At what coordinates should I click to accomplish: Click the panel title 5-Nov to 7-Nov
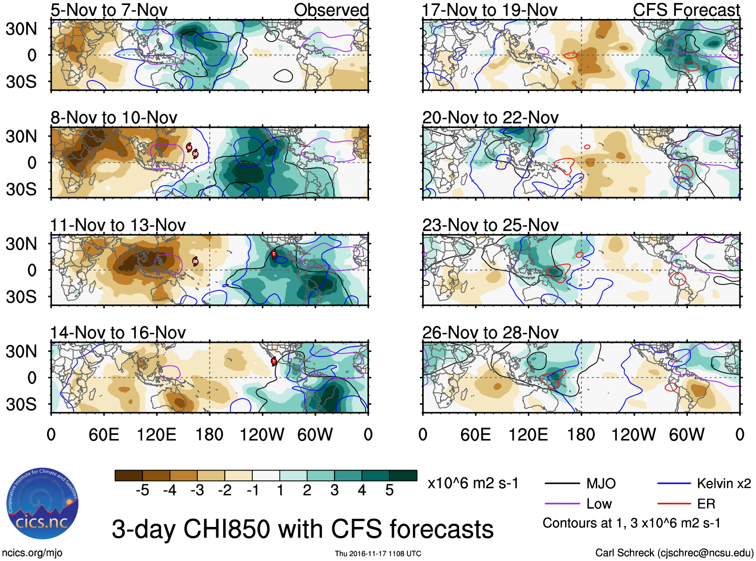[109, 10]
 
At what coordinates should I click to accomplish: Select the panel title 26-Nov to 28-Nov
[490, 332]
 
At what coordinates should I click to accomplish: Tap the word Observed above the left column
[331, 10]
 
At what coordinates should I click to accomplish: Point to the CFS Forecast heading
[686, 10]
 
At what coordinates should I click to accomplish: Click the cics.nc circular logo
[42, 504]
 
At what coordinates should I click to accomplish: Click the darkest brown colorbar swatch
[129, 475]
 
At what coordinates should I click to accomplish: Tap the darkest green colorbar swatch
[403, 475]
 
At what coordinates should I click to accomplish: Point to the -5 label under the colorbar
[142, 490]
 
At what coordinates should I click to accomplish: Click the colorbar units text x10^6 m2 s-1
[473, 483]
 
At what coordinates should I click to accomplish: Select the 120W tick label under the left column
[261, 434]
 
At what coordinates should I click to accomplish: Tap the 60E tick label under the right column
[475, 434]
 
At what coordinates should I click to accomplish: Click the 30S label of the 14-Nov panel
[21, 404]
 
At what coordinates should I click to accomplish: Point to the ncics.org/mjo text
[32, 552]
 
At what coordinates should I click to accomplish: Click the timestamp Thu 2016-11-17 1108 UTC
[378, 553]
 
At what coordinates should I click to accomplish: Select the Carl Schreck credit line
[674, 552]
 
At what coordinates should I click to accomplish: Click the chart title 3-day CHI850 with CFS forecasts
[302, 529]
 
